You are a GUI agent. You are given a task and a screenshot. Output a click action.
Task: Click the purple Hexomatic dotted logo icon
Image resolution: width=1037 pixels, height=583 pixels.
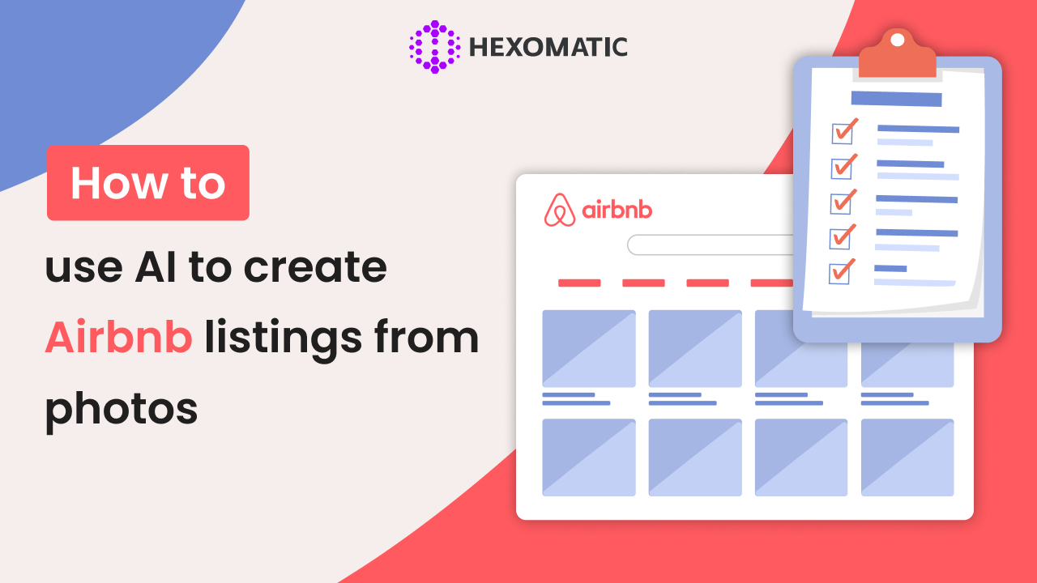click(434, 47)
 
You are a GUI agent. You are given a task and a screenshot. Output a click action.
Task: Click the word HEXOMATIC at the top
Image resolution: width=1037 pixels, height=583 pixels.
click(548, 48)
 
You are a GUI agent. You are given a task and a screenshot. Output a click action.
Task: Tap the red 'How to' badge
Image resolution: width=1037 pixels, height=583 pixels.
click(147, 183)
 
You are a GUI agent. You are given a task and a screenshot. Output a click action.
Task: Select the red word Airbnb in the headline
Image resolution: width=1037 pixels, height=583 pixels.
click(118, 338)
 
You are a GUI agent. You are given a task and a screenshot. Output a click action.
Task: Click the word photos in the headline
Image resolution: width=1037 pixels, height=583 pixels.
click(122, 408)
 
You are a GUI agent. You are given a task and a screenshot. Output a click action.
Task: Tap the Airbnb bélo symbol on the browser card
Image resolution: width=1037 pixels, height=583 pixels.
click(559, 211)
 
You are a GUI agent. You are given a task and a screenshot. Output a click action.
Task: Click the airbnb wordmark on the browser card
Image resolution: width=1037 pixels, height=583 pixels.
click(617, 211)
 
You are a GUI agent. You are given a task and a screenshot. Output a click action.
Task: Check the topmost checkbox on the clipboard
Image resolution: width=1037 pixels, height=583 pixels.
click(843, 132)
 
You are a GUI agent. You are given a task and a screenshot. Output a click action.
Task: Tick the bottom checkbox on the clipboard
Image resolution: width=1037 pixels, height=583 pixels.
click(841, 272)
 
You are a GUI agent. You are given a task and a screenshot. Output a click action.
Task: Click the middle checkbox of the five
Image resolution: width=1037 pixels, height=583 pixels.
click(843, 202)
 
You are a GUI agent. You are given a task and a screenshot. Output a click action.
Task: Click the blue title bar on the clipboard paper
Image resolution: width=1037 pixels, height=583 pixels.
click(896, 99)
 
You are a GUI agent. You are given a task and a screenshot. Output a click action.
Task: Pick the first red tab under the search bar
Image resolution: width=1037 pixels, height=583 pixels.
click(579, 283)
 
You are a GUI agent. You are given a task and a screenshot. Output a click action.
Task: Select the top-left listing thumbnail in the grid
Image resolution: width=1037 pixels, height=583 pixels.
click(589, 348)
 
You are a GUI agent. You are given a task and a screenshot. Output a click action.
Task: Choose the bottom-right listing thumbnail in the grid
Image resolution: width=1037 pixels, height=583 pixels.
click(907, 457)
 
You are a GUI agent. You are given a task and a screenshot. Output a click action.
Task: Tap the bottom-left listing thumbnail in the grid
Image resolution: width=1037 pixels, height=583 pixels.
click(589, 457)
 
